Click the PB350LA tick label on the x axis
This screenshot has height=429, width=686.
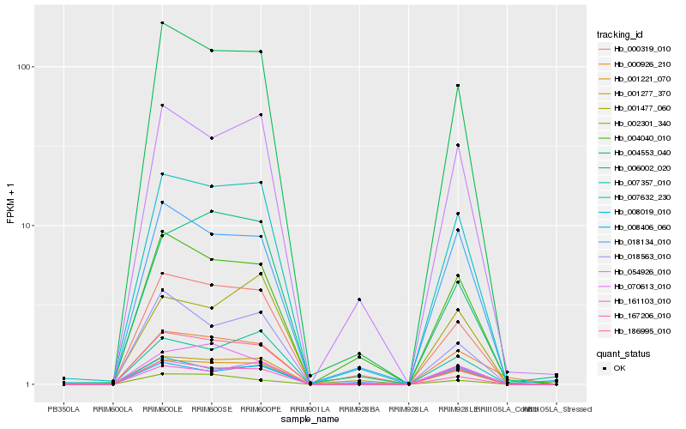63,408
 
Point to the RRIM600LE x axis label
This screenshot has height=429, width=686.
162,408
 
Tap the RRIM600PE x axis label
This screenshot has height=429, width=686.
261,408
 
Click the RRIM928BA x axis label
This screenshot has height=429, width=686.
359,408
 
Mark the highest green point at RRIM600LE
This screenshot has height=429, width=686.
162,22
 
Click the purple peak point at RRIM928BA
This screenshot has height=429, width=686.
359,299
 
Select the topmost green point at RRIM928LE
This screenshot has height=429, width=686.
458,86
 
